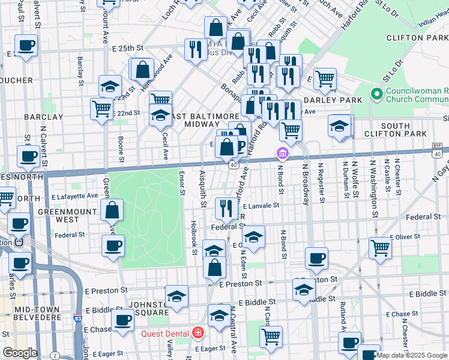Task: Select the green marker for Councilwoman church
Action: [x=377, y=94]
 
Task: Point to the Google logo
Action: [x=20, y=353]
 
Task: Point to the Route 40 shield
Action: [x=232, y=163]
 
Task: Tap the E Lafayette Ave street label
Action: [x=74, y=196]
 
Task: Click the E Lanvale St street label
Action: [x=260, y=205]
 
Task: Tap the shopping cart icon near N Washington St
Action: [x=381, y=248]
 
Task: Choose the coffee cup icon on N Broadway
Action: [x=316, y=258]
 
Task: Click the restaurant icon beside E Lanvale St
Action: [x=226, y=208]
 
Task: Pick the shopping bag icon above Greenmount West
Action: [x=112, y=210]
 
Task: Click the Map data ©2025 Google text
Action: [x=412, y=355]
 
